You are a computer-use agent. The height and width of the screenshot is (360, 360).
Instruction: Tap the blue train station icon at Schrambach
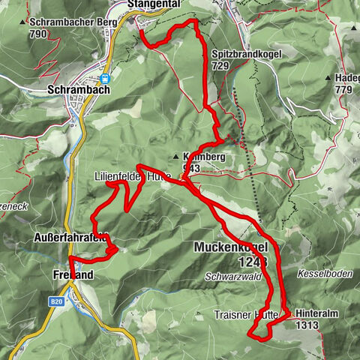point(106,76)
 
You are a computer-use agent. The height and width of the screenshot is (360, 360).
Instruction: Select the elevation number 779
point(343,89)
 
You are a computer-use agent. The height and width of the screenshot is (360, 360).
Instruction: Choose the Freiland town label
point(73,275)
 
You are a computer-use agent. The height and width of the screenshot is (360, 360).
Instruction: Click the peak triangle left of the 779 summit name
point(328,78)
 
